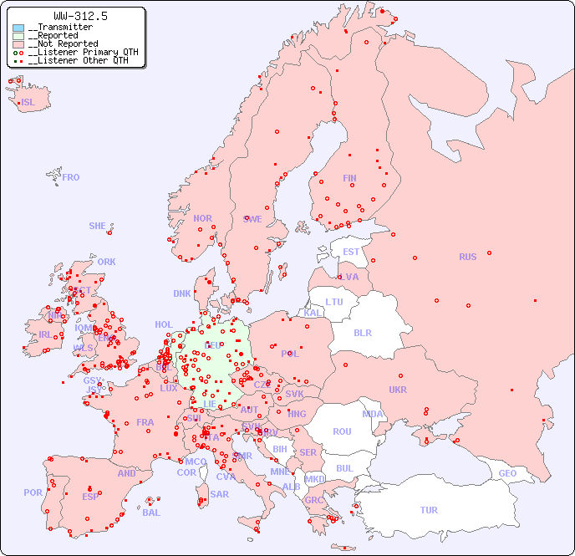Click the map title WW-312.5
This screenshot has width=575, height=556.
click(x=80, y=16)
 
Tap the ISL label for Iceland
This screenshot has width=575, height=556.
click(x=28, y=103)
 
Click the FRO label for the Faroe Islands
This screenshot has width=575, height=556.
click(x=71, y=177)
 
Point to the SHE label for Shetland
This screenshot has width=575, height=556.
click(x=98, y=226)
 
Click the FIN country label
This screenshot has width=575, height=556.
click(x=349, y=178)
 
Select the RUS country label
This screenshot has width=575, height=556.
click(x=467, y=257)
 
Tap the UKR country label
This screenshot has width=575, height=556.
click(x=398, y=390)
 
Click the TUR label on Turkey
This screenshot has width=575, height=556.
click(x=429, y=510)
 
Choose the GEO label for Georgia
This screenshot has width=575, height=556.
click(x=507, y=473)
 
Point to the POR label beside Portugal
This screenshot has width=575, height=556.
click(x=33, y=492)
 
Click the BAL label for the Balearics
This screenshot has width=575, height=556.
click(x=151, y=513)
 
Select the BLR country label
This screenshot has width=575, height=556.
click(x=363, y=332)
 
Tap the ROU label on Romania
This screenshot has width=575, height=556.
click(x=342, y=431)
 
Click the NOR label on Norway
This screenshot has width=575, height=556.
click(x=202, y=218)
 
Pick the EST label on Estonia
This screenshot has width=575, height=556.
click(x=351, y=252)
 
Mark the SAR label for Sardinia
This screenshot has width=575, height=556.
click(x=220, y=493)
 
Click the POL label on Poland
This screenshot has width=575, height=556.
click(x=290, y=354)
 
